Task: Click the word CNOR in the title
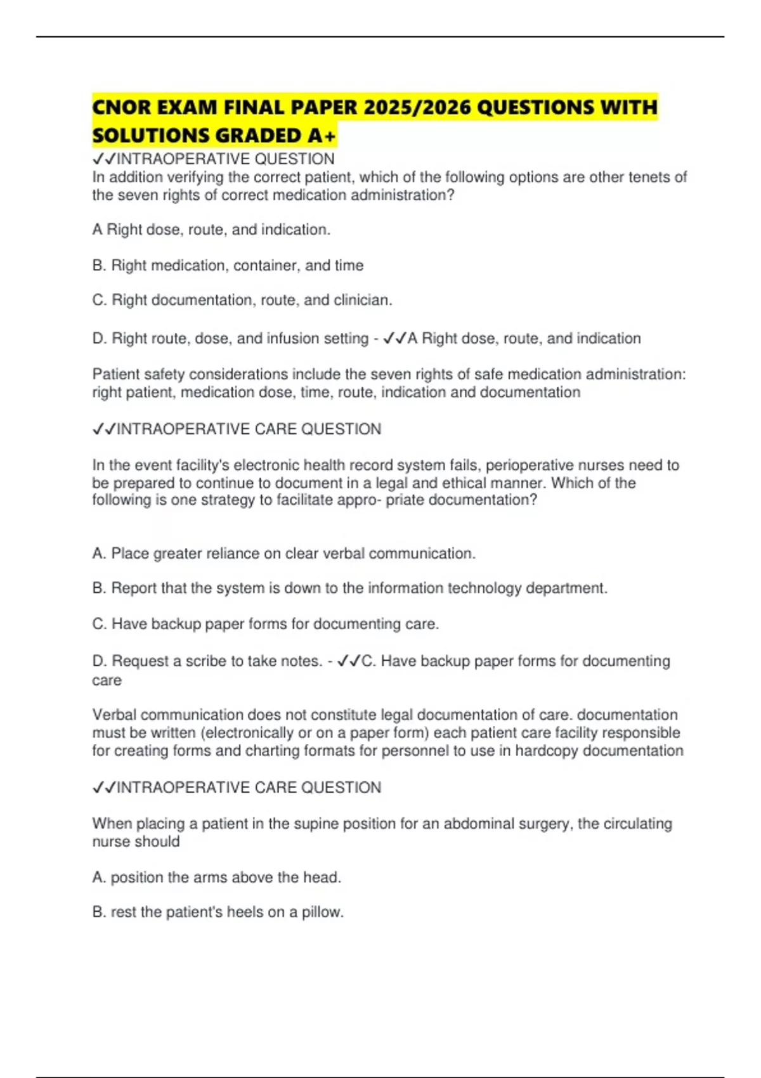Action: [x=121, y=107]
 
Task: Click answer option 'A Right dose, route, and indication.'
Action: [x=211, y=230]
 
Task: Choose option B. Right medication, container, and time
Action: [x=228, y=265]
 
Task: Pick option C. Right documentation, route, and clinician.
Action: [x=242, y=300]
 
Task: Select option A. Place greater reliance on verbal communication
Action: [x=283, y=554]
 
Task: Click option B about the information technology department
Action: [x=349, y=588]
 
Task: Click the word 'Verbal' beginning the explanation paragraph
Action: [x=114, y=715]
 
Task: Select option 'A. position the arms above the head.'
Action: [x=216, y=877]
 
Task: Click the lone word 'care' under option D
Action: [x=107, y=680]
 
